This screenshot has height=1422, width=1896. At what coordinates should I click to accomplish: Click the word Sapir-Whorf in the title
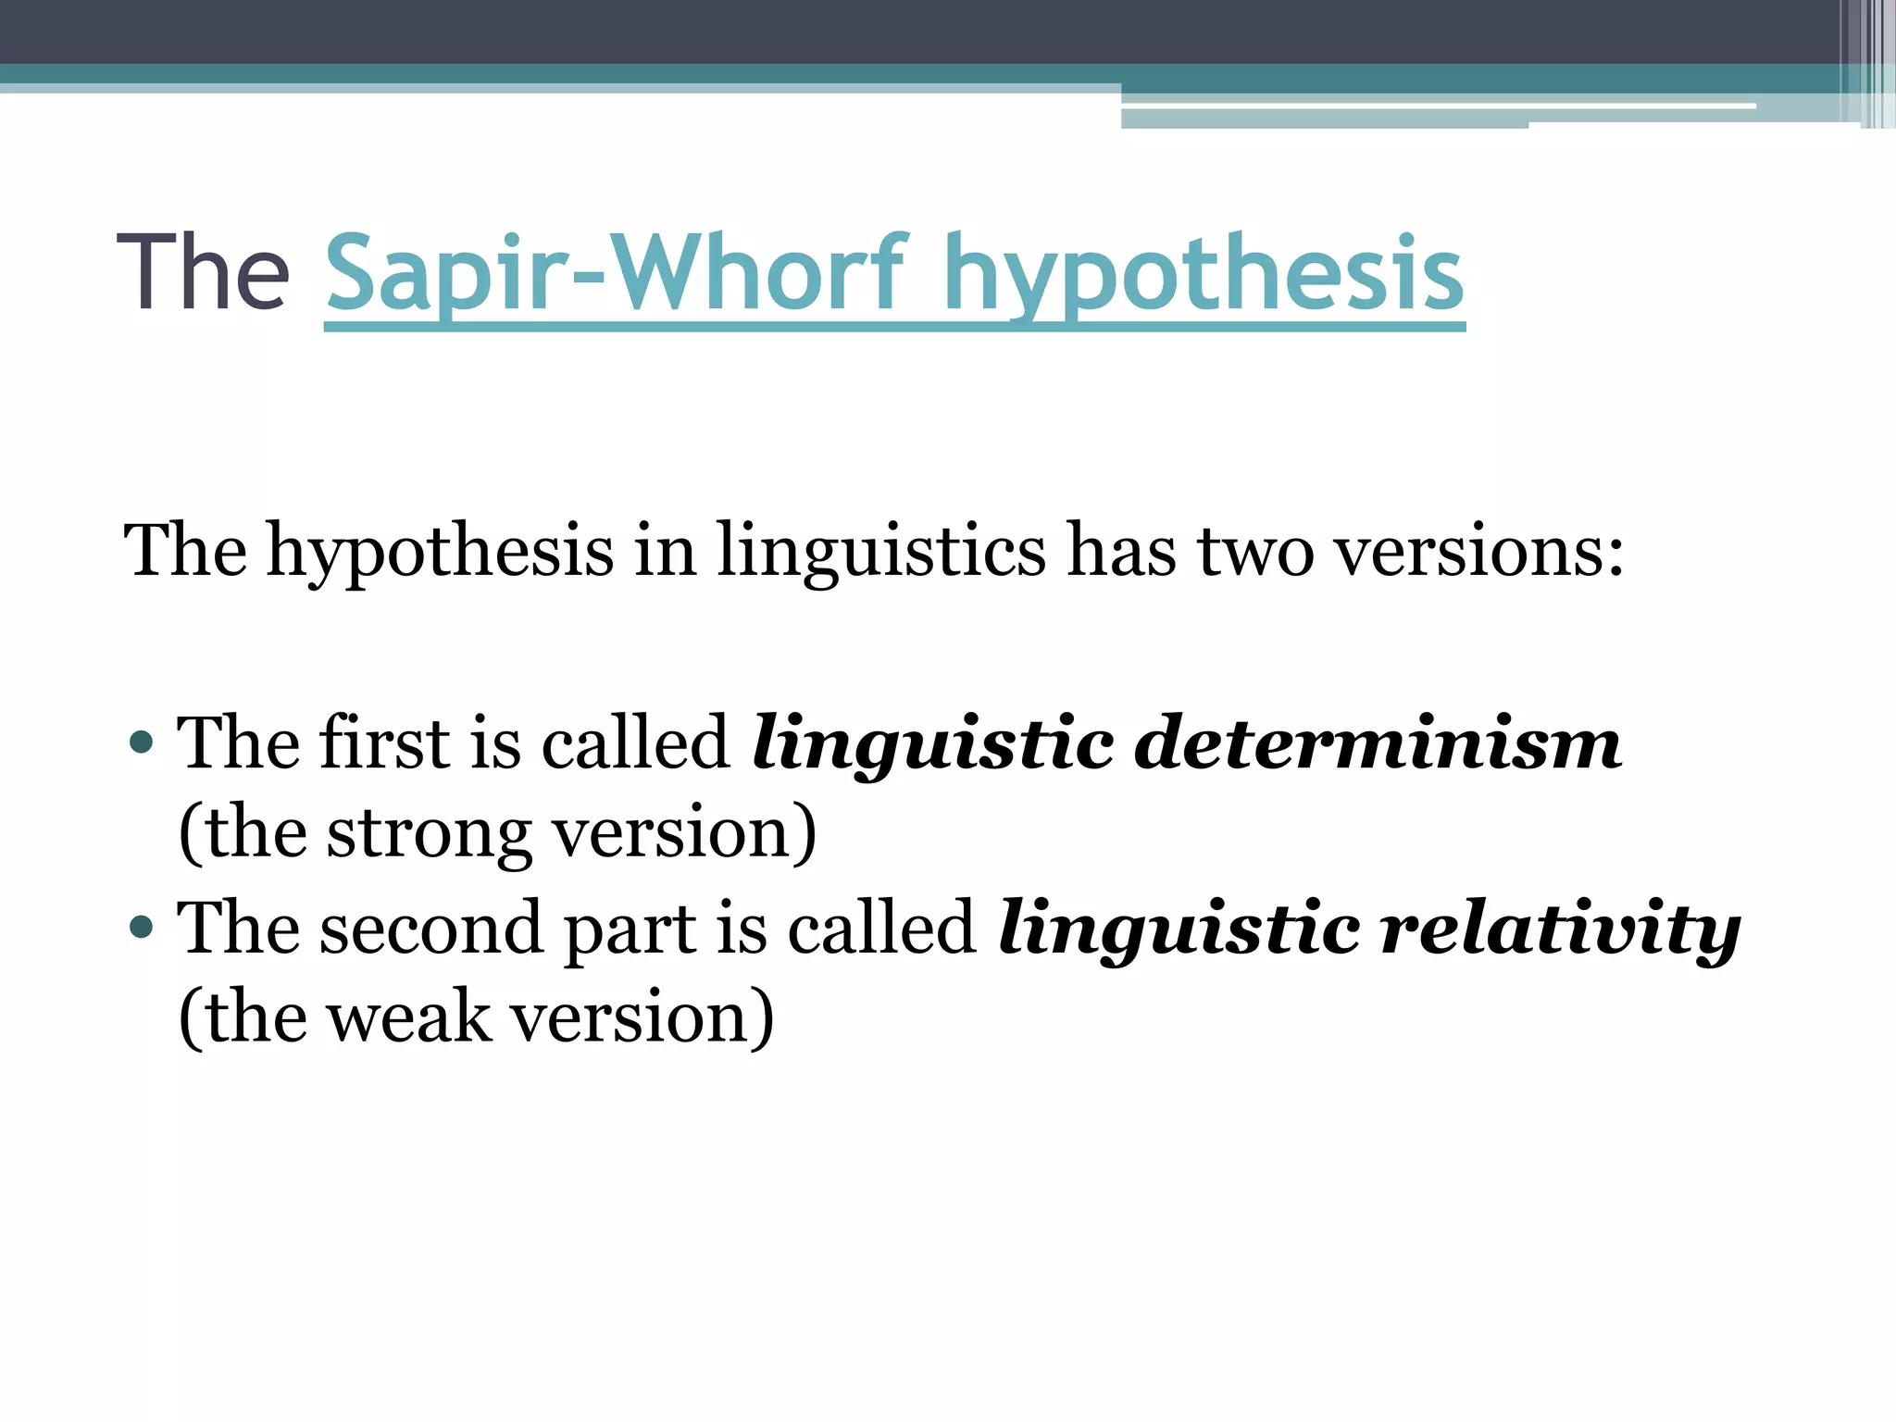pos(615,274)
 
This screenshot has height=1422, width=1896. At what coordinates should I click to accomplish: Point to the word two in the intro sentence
pos(1256,552)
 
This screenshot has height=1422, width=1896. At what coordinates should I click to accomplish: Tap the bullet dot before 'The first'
pos(142,742)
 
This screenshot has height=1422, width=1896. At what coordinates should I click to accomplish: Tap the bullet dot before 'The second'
pos(142,927)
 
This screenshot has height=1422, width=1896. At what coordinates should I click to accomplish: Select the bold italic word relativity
pos(1560,929)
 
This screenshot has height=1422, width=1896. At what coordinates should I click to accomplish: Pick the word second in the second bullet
pos(430,929)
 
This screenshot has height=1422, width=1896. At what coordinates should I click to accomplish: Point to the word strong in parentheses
pos(430,833)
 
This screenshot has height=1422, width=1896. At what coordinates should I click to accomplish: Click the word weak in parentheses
pos(409,1017)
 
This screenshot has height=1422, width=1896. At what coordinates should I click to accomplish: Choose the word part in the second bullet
pos(630,929)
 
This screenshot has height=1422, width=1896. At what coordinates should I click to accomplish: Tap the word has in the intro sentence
pos(1122,552)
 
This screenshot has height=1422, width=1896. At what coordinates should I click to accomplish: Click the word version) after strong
pos(685,833)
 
